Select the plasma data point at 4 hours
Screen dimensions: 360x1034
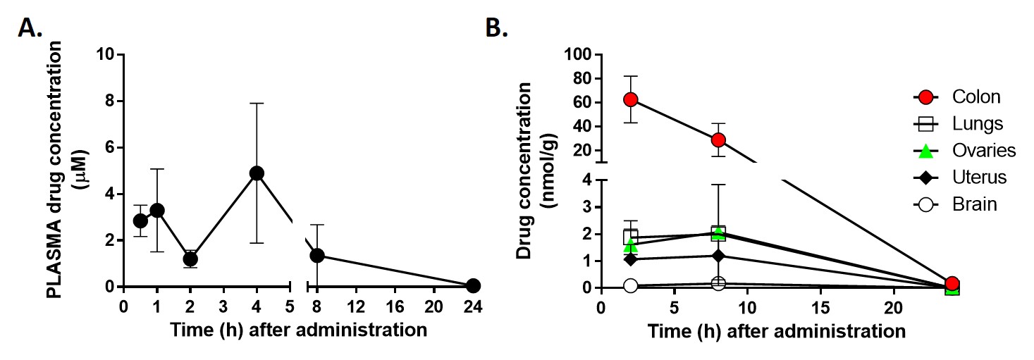point(257,173)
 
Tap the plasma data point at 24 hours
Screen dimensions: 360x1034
point(473,285)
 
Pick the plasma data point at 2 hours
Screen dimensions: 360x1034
point(190,259)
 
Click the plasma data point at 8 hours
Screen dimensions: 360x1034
point(317,255)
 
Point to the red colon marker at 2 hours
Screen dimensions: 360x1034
point(631,99)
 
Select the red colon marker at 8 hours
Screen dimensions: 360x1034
point(718,139)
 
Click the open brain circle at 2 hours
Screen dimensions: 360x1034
point(631,285)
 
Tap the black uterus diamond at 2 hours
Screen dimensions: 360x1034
point(631,259)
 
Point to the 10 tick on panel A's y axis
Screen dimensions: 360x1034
point(106,54)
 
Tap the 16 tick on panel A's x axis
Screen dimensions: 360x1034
point(400,307)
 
